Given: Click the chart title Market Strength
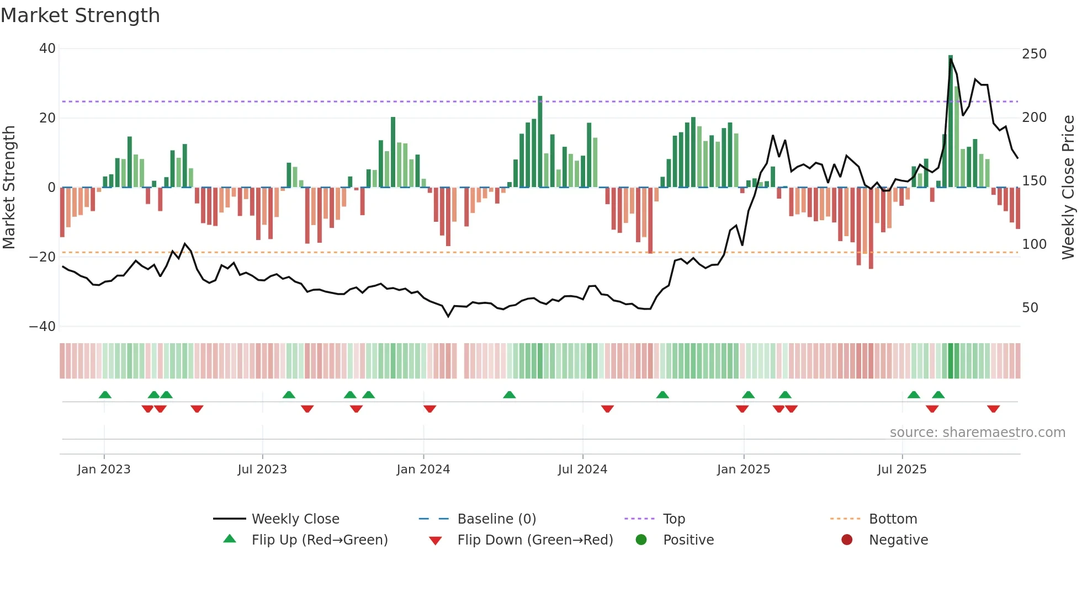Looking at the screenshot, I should point(80,15).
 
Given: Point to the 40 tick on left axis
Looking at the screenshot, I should point(47,49).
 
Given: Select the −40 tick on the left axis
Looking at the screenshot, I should point(43,326).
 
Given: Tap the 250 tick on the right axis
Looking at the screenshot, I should point(1034,54).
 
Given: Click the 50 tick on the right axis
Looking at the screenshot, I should point(1030,307).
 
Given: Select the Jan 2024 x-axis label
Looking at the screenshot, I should point(423,470).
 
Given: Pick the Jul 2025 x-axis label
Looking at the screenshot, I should point(901,470).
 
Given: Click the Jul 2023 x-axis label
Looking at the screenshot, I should point(262,470).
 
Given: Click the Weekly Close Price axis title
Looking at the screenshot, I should point(1068,187).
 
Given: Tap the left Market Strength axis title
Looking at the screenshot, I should point(9,187).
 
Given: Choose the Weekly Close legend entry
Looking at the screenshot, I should point(295,519).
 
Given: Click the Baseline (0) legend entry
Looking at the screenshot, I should point(496,519).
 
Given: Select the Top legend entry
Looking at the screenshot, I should point(673,519).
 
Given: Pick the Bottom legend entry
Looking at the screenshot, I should point(893,519).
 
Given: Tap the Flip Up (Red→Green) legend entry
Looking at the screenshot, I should point(319,540).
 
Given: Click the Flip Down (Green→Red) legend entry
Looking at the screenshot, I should point(535,540).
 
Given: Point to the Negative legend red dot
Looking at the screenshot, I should point(847,540).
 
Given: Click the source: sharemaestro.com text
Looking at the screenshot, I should point(977,433).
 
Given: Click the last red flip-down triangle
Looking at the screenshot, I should point(993,409).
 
